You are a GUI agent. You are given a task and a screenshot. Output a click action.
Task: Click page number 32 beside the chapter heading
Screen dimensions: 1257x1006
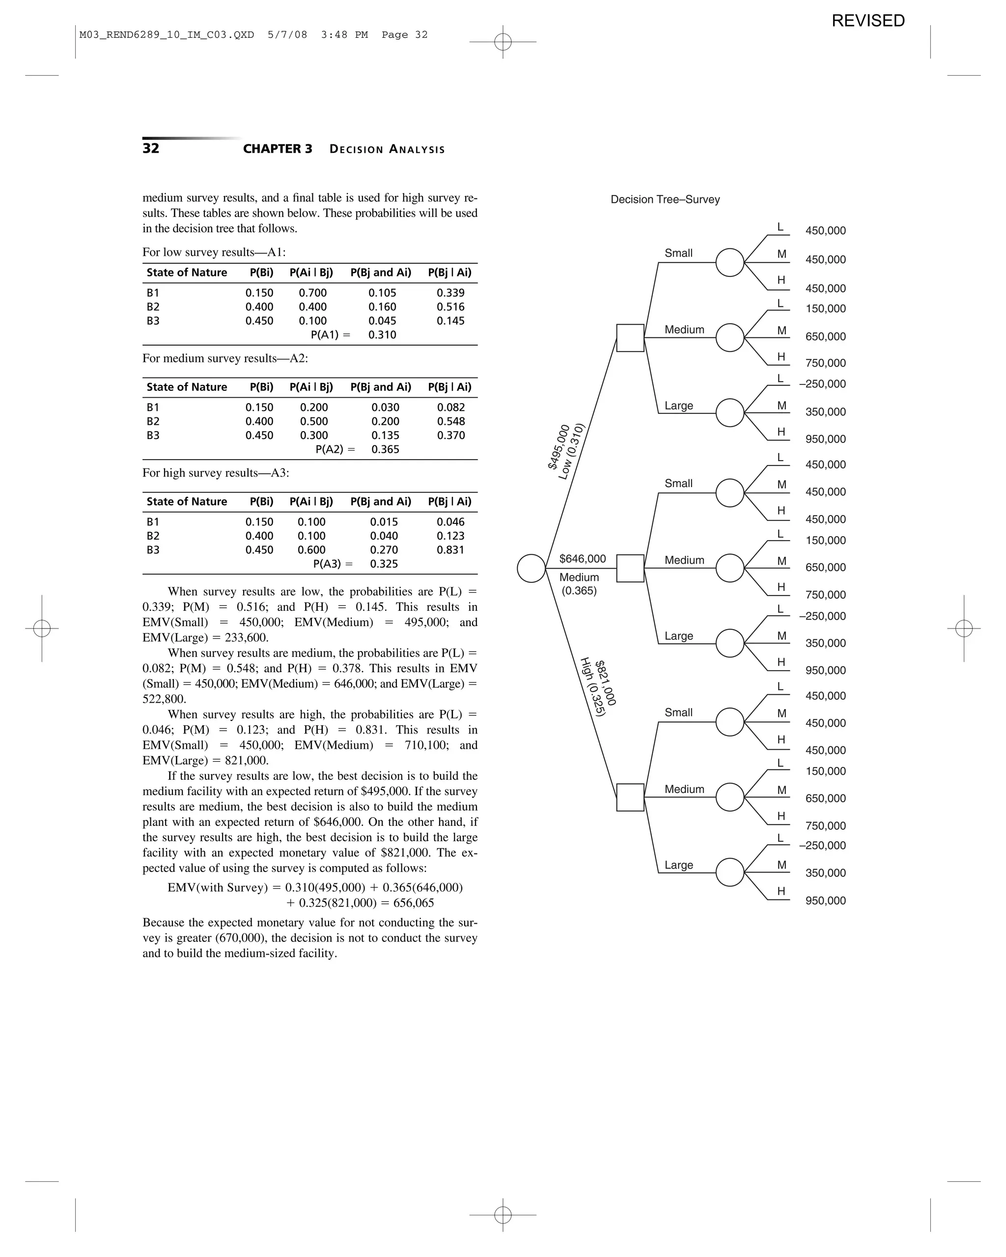[x=150, y=148]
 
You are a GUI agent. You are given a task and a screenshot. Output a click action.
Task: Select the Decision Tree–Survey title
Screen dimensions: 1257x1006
[x=665, y=199]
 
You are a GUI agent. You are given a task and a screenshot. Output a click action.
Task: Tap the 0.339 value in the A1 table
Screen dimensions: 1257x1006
[x=450, y=293]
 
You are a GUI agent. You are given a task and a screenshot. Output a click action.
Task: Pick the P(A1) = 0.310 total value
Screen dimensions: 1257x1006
[x=382, y=335]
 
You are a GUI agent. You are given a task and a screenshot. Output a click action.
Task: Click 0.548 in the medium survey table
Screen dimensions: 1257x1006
[x=451, y=421]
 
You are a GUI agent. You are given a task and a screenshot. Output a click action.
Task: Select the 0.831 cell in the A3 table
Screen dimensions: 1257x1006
[x=450, y=550]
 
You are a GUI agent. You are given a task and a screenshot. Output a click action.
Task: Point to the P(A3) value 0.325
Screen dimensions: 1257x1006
[x=384, y=564]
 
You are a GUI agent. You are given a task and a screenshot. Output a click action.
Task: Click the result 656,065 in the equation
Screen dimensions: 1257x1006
[x=414, y=903]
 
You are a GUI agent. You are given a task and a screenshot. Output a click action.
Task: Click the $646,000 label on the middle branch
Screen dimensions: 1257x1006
[x=582, y=559]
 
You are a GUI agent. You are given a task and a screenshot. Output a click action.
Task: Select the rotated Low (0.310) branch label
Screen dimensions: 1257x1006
[x=571, y=452]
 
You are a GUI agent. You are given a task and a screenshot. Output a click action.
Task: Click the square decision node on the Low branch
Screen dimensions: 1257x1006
[x=630, y=337]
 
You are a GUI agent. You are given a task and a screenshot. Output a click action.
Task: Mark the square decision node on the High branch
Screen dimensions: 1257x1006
[x=630, y=797]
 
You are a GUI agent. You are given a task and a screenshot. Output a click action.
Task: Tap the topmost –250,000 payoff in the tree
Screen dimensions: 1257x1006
[x=822, y=383]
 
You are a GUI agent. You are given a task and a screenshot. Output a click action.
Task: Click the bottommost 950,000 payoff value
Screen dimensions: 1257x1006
[x=825, y=901]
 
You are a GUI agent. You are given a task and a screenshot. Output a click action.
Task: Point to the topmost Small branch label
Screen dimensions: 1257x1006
[x=678, y=253]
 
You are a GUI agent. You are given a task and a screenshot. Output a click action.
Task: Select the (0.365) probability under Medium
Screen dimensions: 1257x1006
[x=579, y=591]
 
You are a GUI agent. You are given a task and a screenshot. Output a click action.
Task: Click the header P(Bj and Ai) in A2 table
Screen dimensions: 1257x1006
[x=380, y=387]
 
